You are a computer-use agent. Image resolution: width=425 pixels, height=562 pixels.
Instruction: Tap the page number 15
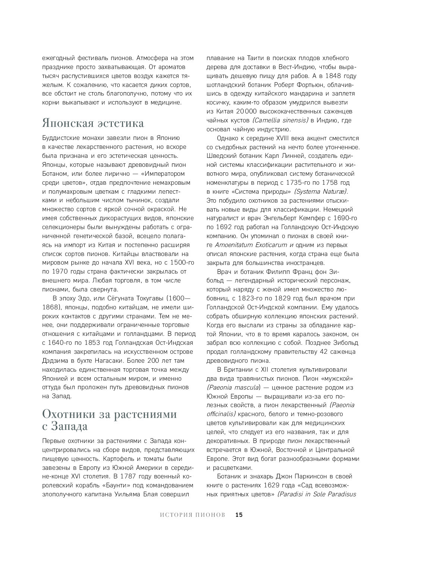239,515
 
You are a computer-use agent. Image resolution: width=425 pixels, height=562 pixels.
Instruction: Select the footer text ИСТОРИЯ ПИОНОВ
192,515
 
